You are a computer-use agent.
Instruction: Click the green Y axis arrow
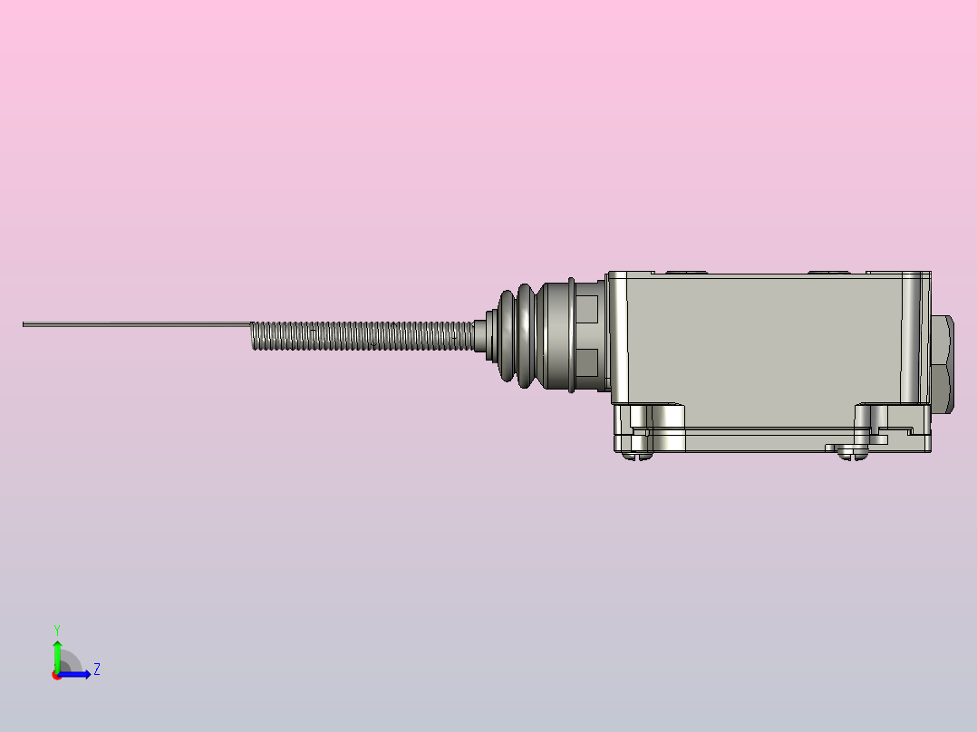coord(57,655)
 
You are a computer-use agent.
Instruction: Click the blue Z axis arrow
coord(74,674)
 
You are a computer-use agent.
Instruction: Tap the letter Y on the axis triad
coord(57,630)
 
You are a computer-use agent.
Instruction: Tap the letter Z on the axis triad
coord(97,669)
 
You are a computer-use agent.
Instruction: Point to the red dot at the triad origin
coord(56,675)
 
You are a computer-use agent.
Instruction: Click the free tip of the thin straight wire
coord(24,324)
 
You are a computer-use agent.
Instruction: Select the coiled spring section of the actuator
coord(363,336)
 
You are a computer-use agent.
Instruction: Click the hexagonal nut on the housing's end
coord(943,364)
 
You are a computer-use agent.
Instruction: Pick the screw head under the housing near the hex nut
coord(852,456)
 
